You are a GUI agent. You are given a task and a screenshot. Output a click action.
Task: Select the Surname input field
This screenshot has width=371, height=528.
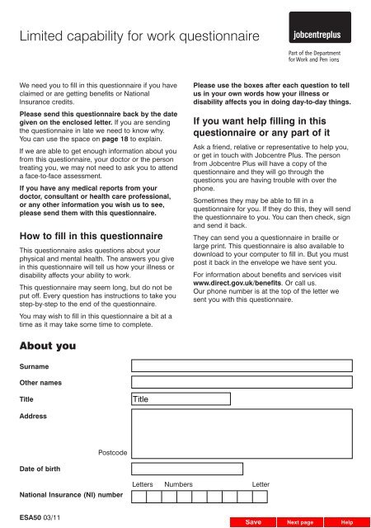pyautogui.click(x=245, y=365)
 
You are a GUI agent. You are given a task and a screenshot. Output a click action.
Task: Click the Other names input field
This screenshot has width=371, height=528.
pyautogui.click(x=245, y=382)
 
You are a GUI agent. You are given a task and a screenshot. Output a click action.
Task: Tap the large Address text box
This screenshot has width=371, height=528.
pyautogui.click(x=245, y=434)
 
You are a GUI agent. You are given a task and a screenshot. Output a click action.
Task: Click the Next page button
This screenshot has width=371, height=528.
pyautogui.click(x=299, y=522)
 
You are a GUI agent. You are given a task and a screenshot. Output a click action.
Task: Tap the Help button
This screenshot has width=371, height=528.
pyautogui.click(x=347, y=522)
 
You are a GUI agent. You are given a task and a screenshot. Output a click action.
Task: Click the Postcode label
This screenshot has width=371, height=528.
pyautogui.click(x=112, y=452)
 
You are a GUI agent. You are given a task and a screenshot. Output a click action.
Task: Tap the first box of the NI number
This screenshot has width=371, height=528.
pyautogui.click(x=139, y=497)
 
